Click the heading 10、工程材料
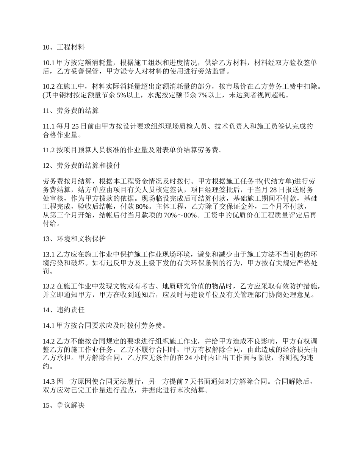pos(63,47)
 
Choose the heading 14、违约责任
pos(63,310)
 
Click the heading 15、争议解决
pos(63,405)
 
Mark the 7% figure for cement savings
pos(204,95)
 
